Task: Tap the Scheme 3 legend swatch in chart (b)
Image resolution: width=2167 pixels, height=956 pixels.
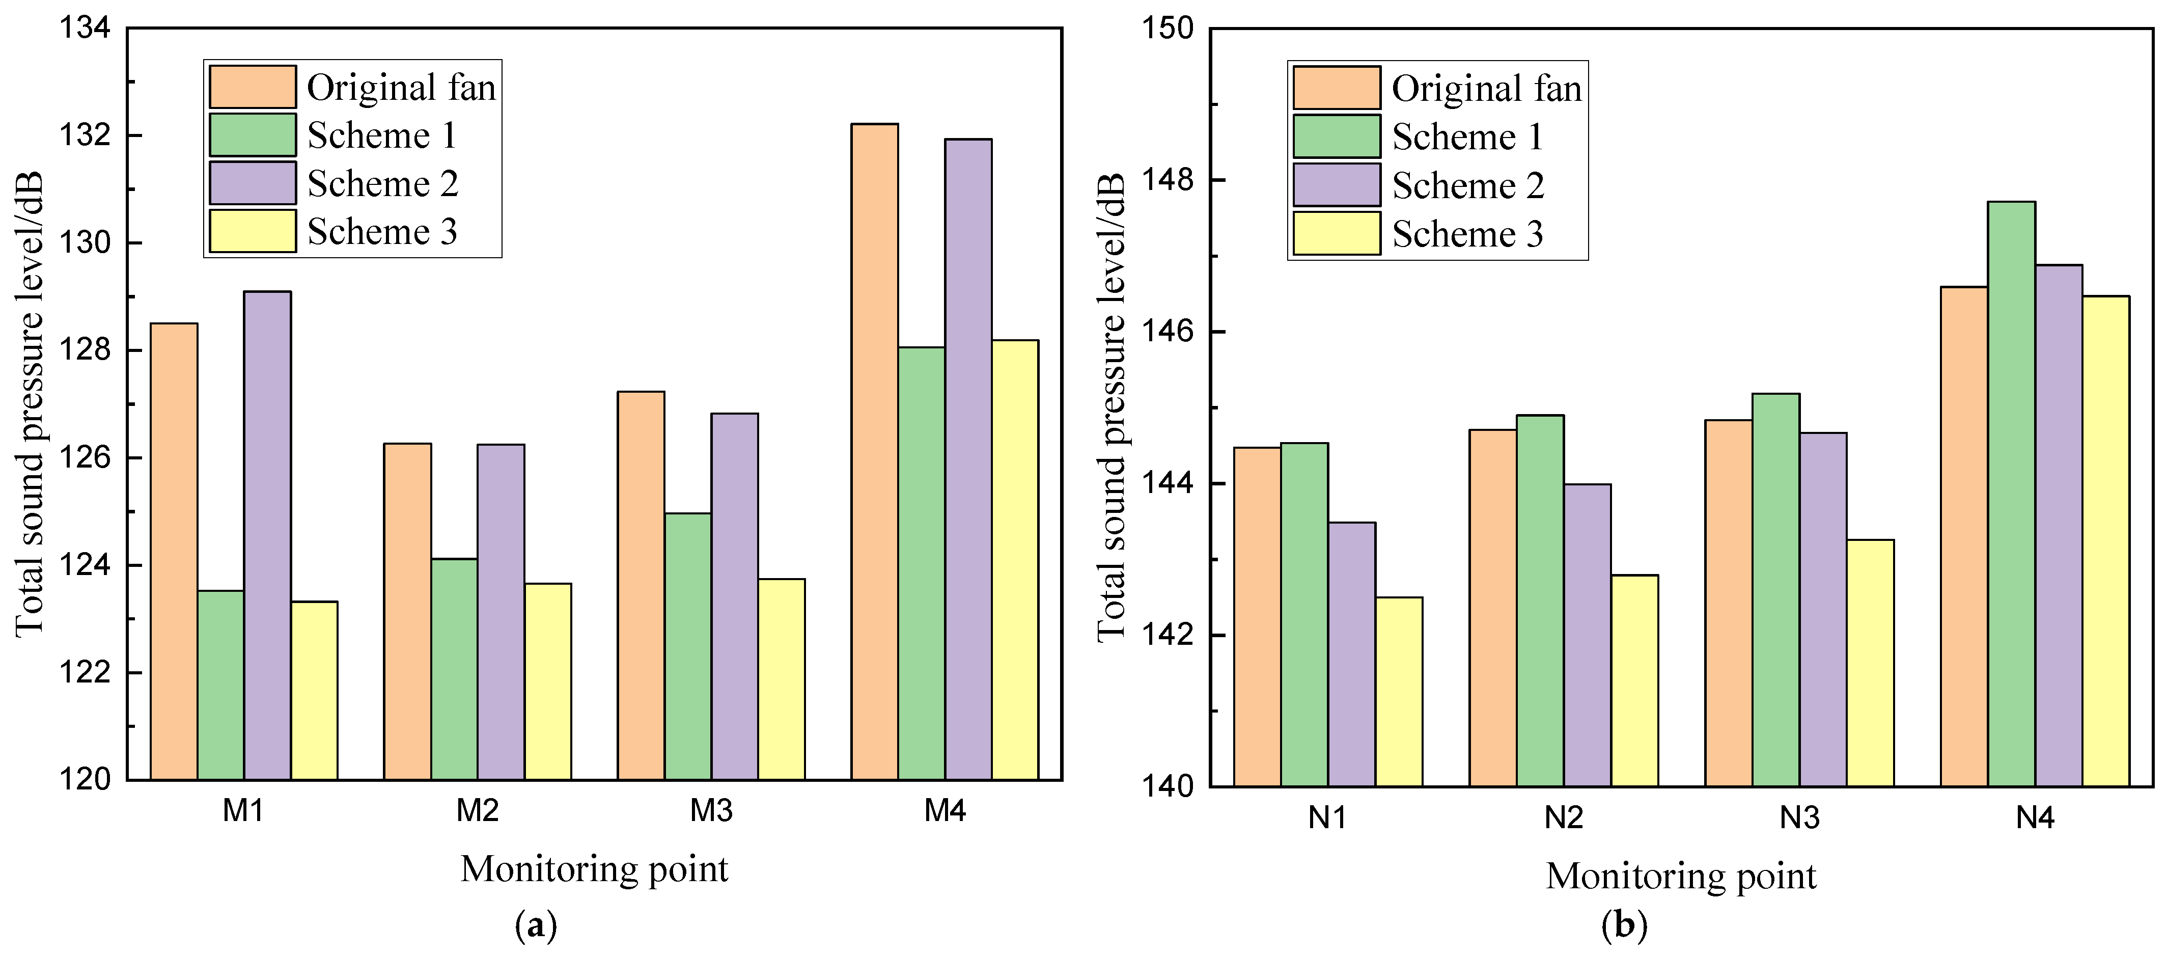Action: (x=1336, y=234)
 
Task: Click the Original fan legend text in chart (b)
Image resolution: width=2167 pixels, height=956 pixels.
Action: (x=1486, y=88)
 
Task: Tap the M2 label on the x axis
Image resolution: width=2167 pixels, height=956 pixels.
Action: (x=477, y=810)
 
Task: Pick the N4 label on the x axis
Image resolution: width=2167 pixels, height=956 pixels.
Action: (x=2035, y=817)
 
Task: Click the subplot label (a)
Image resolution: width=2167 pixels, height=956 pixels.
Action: (x=535, y=926)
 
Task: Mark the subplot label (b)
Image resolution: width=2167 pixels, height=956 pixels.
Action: (x=1624, y=926)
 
